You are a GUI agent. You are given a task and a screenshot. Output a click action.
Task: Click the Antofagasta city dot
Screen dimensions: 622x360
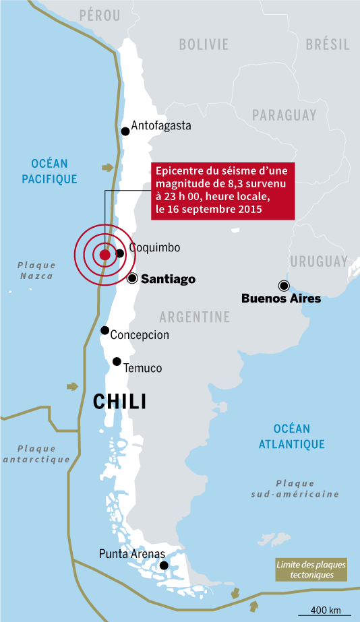125,131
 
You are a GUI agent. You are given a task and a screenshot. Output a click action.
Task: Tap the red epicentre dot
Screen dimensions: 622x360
104,255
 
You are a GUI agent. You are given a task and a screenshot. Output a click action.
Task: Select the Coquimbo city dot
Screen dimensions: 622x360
119,253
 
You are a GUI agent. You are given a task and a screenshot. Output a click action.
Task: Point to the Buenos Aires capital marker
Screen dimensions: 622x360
284,285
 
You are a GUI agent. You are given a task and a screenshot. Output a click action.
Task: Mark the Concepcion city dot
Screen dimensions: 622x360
104,330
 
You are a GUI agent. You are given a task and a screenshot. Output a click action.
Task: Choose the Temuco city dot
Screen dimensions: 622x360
117,362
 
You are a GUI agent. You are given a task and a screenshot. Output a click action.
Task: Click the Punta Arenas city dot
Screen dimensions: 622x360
163,564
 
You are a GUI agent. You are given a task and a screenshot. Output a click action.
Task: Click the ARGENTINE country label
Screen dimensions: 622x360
195,317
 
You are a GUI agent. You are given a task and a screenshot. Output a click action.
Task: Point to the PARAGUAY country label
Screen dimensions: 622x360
284,115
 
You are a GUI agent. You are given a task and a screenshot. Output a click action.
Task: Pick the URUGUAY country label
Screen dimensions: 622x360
318,261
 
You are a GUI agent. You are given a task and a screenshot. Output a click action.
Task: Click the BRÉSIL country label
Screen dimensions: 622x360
328,45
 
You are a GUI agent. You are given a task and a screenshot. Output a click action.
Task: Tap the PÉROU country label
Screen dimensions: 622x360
99,15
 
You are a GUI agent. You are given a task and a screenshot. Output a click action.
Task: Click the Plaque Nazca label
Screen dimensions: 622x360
36,270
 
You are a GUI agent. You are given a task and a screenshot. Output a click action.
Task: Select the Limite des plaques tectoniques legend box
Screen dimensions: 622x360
311,570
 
